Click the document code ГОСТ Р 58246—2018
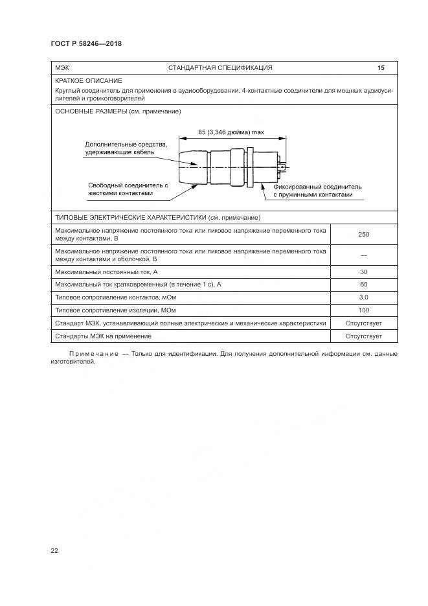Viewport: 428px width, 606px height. click(x=86, y=44)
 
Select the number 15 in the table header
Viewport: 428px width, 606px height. click(x=381, y=67)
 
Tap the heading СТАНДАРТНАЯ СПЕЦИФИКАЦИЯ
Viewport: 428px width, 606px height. click(x=220, y=67)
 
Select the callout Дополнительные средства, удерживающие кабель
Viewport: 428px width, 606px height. click(x=126, y=148)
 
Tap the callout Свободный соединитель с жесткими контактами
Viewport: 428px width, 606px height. click(x=128, y=189)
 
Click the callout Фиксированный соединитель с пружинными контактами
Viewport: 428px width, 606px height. click(x=317, y=191)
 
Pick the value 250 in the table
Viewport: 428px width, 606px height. click(x=363, y=235)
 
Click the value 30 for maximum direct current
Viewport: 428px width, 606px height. click(x=363, y=271)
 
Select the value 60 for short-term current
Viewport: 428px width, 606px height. click(x=363, y=284)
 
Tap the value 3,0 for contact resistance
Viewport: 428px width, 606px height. click(x=363, y=297)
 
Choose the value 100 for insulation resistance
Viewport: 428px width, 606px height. click(x=363, y=310)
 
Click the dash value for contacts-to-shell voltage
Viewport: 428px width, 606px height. click(x=363, y=254)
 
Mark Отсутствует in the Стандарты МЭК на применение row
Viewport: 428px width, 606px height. click(x=363, y=336)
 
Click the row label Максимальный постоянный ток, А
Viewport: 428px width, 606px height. click(x=107, y=271)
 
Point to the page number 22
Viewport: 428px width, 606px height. click(x=54, y=550)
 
